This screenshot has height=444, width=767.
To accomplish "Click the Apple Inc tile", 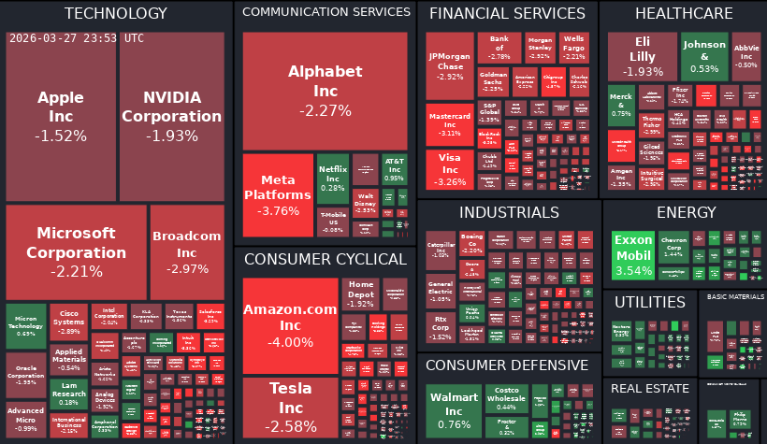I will pyautogui.click(x=61, y=117).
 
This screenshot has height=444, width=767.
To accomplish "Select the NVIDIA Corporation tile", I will pyautogui.click(x=171, y=117).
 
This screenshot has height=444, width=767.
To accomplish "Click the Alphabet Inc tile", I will pyautogui.click(x=325, y=91).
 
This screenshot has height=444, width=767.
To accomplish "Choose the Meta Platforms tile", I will pyautogui.click(x=278, y=194).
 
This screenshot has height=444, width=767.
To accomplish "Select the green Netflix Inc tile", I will pyautogui.click(x=332, y=178).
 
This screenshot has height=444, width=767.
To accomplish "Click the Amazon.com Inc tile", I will pyautogui.click(x=290, y=325).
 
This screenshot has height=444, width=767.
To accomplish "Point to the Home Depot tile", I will pyautogui.click(x=360, y=294).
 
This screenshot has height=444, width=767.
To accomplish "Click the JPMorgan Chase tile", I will pyautogui.click(x=450, y=66).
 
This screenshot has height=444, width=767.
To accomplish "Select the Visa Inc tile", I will pyautogui.click(x=450, y=169).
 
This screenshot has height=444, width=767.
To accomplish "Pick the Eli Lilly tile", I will pyautogui.click(x=643, y=56).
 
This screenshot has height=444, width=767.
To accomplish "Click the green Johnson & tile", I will pyautogui.click(x=704, y=56).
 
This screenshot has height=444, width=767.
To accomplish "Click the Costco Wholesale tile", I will pyautogui.click(x=507, y=398).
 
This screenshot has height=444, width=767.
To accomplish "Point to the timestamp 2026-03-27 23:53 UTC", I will pyautogui.click(x=76, y=38).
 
